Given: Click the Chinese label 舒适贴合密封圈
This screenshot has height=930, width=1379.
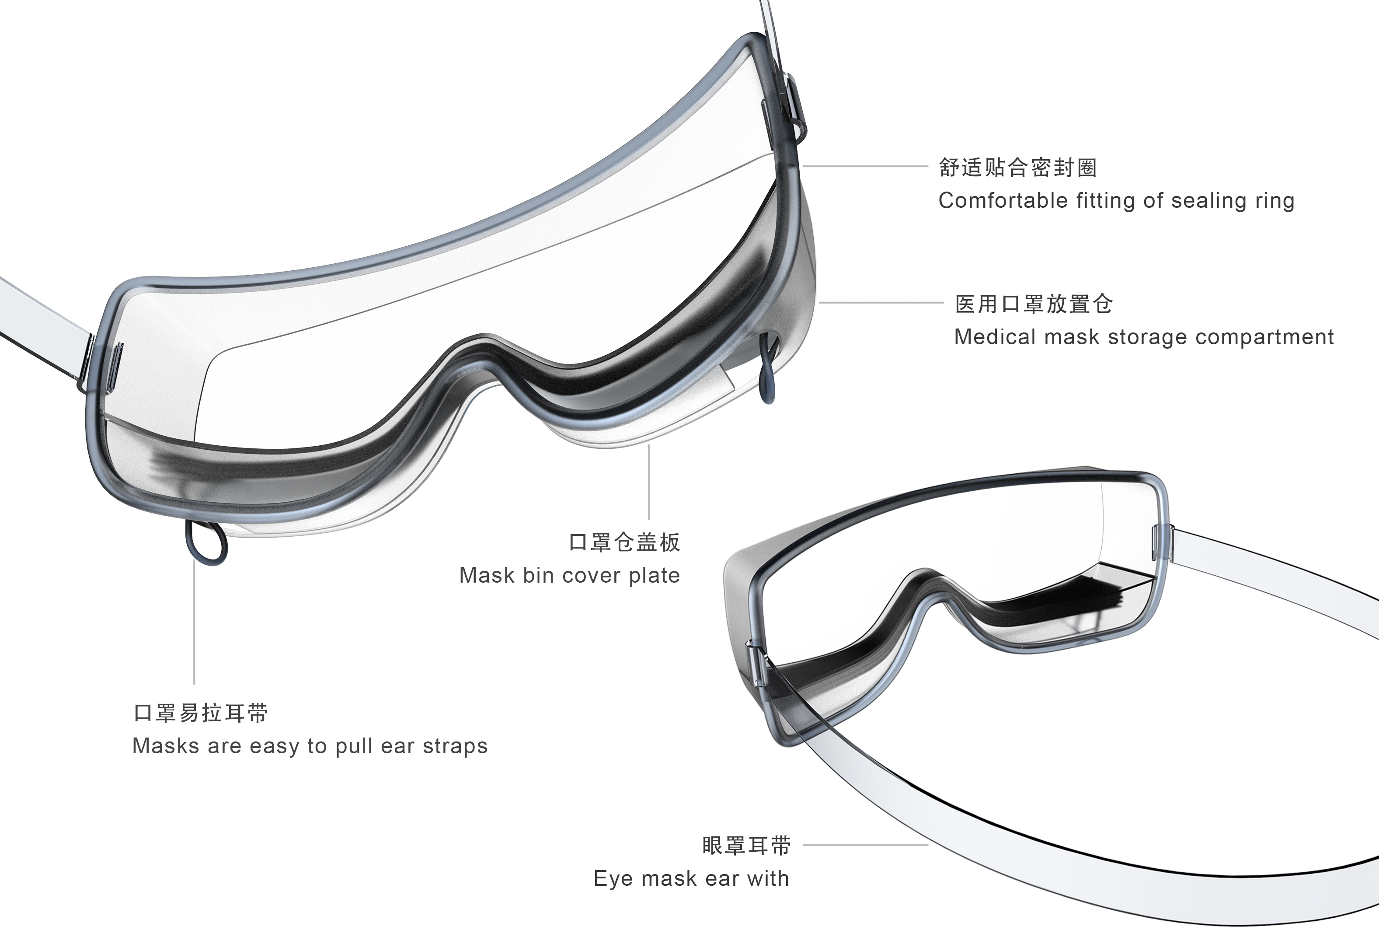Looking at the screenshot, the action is (x=1017, y=168).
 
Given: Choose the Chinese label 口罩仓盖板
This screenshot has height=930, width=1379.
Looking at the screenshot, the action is (x=625, y=542).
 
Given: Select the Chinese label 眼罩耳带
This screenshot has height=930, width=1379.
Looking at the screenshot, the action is (x=746, y=845).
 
